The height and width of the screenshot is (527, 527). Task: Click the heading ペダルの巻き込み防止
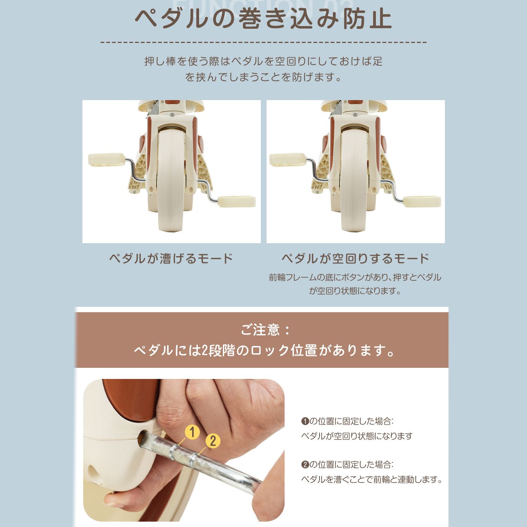[x=263, y=19]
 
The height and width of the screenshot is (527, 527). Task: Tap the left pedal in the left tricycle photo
[x=107, y=159]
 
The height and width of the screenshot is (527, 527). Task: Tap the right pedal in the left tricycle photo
[x=237, y=201]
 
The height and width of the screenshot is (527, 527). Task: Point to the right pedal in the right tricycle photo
[x=421, y=201]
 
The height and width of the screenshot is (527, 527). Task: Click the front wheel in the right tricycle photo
[x=354, y=180]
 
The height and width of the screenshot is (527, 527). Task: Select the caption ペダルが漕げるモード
[x=171, y=258]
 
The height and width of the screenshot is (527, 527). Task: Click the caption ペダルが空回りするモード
[x=355, y=258]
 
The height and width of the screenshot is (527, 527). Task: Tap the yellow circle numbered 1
[x=192, y=432]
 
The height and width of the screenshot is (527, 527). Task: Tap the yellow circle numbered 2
[x=213, y=441]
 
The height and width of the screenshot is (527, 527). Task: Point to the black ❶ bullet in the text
[x=305, y=421]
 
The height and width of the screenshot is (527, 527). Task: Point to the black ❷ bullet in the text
[x=305, y=465]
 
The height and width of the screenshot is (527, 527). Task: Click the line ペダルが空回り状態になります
[x=357, y=436]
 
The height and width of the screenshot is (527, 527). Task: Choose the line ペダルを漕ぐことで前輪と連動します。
[x=371, y=479]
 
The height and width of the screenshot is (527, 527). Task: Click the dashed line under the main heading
[x=263, y=42]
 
